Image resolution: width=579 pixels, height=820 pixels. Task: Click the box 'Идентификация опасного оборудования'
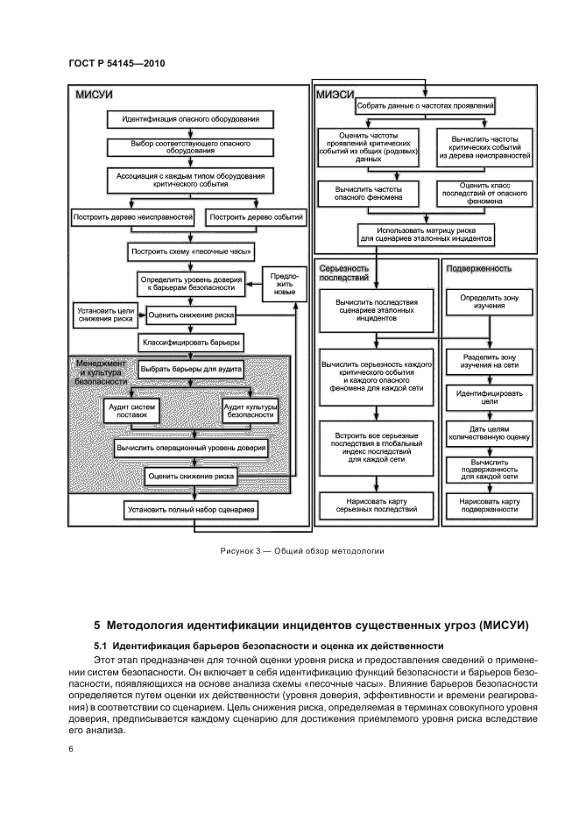[190, 118]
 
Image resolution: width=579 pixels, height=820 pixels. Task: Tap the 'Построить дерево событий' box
[255, 216]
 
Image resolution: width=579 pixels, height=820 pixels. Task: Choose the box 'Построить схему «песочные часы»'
[190, 251]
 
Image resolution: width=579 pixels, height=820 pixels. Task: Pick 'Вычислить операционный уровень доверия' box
[190, 447]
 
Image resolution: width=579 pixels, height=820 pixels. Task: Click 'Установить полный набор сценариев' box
[190, 508]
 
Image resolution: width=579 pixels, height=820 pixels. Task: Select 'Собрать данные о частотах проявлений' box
[426, 106]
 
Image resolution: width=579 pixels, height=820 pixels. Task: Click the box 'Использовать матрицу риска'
[426, 233]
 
